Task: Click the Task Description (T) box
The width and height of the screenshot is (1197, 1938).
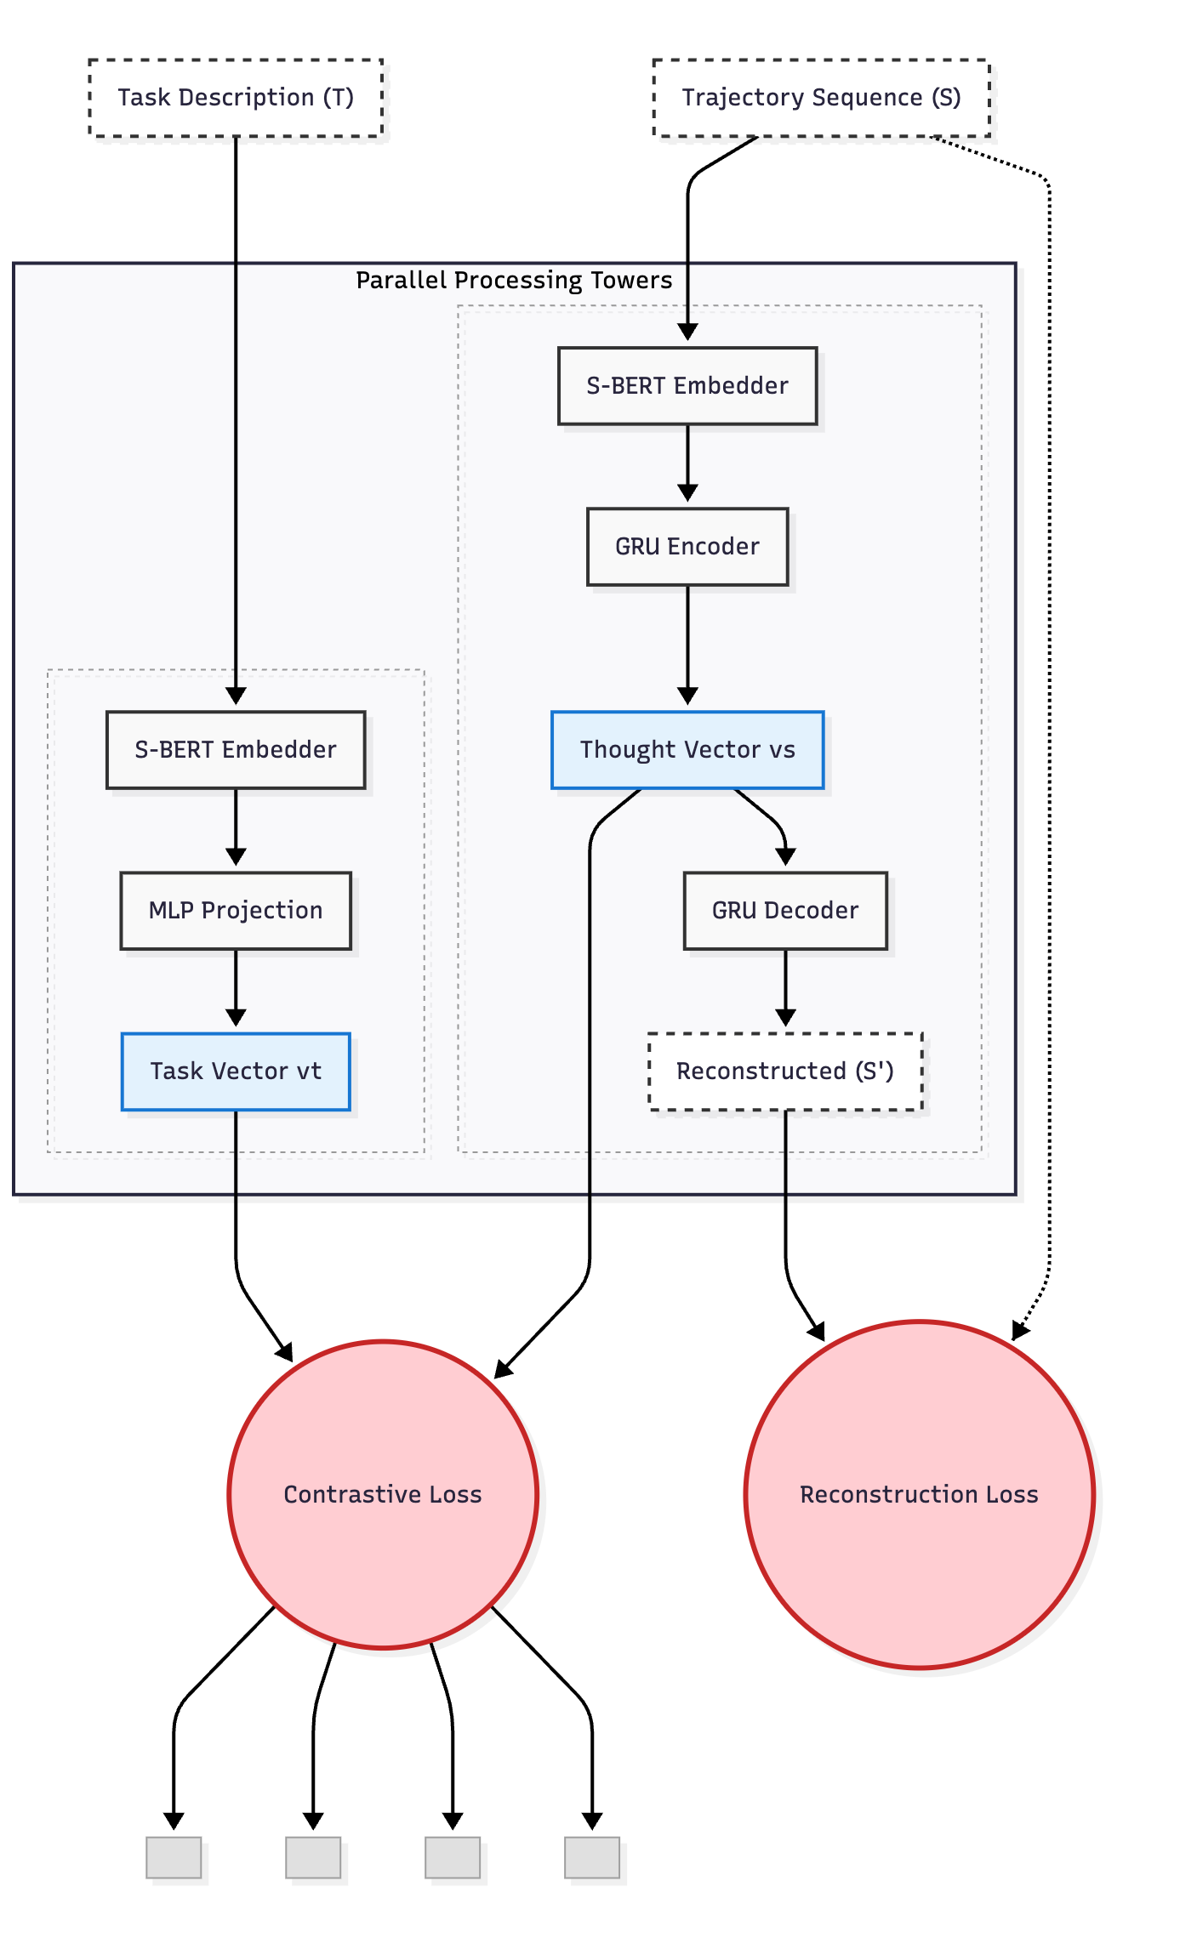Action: point(236,98)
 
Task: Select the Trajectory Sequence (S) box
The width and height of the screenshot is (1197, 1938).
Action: point(821,98)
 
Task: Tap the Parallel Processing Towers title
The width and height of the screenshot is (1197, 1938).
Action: point(514,281)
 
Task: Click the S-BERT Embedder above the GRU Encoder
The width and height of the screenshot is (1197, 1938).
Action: point(687,385)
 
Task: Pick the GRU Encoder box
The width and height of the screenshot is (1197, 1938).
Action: point(687,546)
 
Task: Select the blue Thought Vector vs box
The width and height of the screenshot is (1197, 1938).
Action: point(687,749)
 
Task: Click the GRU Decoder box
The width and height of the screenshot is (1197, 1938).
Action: point(785,910)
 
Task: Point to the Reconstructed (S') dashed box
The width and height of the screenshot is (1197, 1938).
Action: point(785,1071)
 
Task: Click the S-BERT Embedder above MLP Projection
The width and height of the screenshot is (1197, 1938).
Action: point(236,749)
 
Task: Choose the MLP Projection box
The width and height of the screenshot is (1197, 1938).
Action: point(236,910)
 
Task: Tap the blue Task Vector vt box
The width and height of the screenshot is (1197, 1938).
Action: point(236,1071)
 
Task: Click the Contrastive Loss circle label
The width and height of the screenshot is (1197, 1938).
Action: point(383,1494)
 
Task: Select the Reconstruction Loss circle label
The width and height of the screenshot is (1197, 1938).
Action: point(919,1494)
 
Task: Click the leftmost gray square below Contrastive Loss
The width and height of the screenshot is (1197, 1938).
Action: point(174,1857)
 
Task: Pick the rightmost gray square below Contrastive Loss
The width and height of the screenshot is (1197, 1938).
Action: point(592,1857)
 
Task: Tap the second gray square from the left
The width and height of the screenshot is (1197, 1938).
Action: point(313,1857)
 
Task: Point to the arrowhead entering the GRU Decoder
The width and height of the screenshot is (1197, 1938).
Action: point(785,857)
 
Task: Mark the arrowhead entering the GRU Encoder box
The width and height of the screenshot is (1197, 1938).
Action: point(687,493)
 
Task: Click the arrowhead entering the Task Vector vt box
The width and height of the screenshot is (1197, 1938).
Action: point(236,1018)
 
